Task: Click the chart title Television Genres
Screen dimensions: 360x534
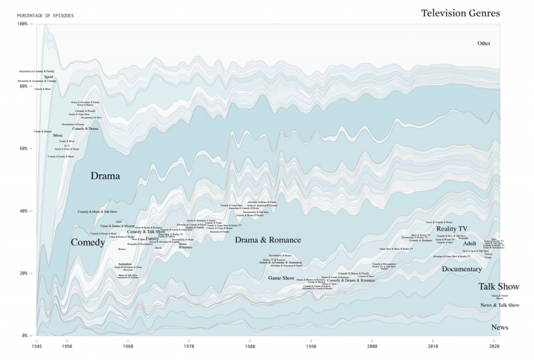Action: (460, 13)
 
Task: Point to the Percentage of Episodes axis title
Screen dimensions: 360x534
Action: (45, 15)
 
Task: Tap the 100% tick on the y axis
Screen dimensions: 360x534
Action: (22, 24)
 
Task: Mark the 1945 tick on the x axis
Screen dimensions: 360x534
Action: (36, 345)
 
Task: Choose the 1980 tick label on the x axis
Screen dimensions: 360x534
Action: (250, 345)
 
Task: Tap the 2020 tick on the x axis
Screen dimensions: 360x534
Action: (495, 345)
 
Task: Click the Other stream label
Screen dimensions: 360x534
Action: (483, 43)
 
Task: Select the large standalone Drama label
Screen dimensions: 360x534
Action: (105, 176)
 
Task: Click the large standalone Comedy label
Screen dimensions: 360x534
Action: (88, 243)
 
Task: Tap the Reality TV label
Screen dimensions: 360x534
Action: (452, 229)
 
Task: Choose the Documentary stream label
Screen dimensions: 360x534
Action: (462, 269)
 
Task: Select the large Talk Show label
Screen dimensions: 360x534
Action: (499, 286)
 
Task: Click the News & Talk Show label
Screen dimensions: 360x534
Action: (500, 305)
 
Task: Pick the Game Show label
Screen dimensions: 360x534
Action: (282, 278)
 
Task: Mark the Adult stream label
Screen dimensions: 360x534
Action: (469, 244)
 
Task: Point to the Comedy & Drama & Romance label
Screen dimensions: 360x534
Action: (351, 281)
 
